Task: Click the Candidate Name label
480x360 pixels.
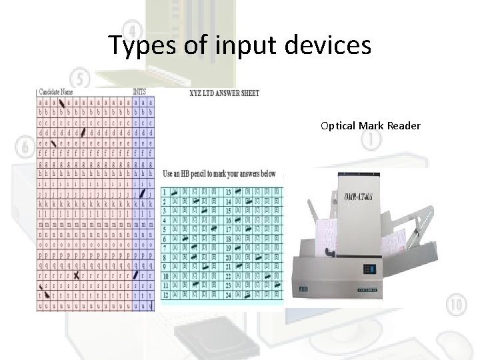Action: pos(57,92)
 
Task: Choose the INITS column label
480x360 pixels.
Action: pos(140,92)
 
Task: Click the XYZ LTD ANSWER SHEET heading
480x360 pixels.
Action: pos(225,93)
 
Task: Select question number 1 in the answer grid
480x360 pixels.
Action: pos(165,192)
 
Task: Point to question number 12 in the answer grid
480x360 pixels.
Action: pos(165,294)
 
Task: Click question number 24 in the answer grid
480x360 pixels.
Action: pos(228,294)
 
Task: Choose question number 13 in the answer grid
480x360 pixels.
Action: pos(228,192)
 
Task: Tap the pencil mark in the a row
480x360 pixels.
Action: pos(62,103)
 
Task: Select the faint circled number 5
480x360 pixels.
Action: pos(81,78)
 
